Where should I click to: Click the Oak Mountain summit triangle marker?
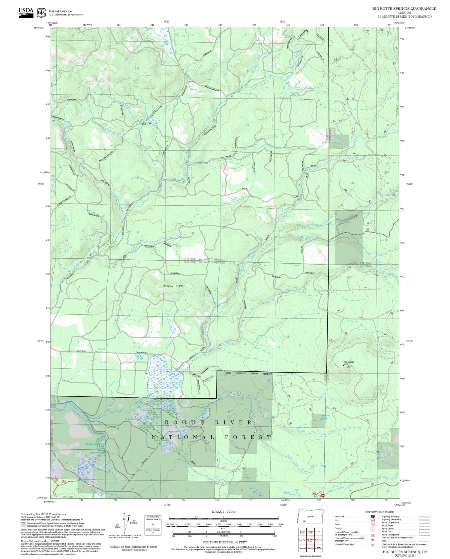[x=343, y=365]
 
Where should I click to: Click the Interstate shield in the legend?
[x=373, y=516]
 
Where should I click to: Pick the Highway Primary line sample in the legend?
[x=423, y=517]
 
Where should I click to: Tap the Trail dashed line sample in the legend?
[x=423, y=541]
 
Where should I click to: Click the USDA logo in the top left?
[x=26, y=13]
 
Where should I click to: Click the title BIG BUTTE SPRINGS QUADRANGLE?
[x=404, y=9]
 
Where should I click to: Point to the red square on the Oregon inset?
[x=304, y=521]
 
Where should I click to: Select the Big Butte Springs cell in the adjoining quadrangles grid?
[x=310, y=539]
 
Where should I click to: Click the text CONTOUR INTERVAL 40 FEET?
[x=225, y=542]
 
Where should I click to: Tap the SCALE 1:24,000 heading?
[x=223, y=512]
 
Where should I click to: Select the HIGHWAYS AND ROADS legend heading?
[x=379, y=512]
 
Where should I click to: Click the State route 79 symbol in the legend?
[x=373, y=525]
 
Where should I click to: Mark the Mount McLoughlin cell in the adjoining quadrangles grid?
[x=319, y=548]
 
